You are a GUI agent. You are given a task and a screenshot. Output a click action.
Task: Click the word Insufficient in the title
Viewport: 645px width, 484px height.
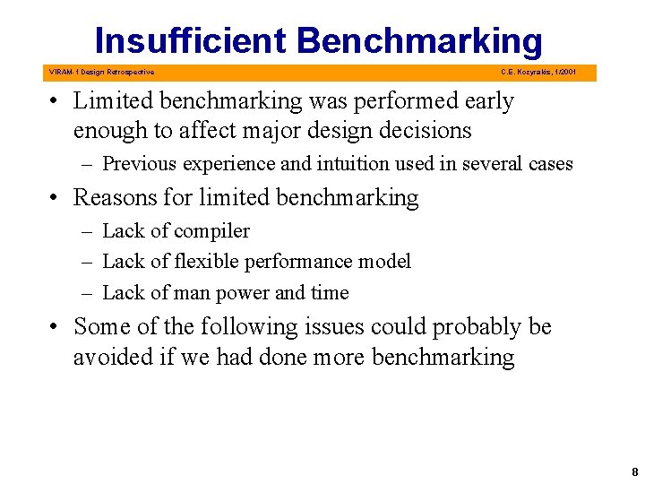pos(190,41)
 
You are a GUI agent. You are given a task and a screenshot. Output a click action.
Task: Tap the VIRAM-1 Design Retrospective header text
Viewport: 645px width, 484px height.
pos(101,72)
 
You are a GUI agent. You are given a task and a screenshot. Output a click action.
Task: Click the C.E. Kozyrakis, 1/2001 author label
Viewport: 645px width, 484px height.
pos(538,72)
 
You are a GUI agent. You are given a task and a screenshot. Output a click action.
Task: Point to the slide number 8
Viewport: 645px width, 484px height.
pos(634,471)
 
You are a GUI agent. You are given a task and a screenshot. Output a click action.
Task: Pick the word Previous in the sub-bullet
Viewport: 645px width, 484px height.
pos(139,164)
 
